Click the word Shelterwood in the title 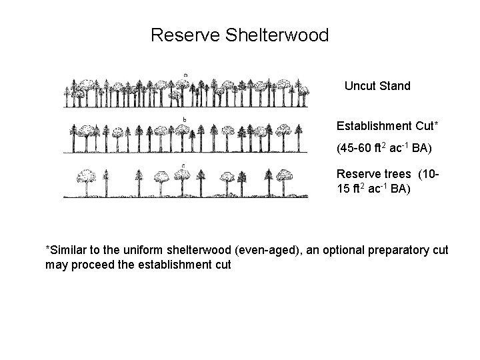pyautogui.click(x=279, y=35)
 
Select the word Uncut pyautogui.click(x=361, y=86)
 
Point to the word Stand pyautogui.click(x=395, y=86)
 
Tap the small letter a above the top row pyautogui.click(x=185, y=75)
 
